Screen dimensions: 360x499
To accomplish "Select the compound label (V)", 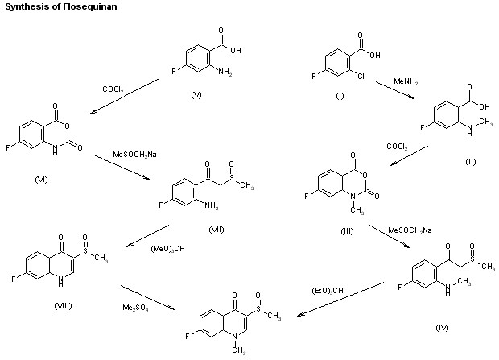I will [x=196, y=96].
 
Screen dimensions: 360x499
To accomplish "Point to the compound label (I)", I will [x=339, y=96].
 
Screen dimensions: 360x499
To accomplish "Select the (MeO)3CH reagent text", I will [x=167, y=248].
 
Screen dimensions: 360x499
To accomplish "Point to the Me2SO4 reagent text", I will [x=134, y=307].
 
